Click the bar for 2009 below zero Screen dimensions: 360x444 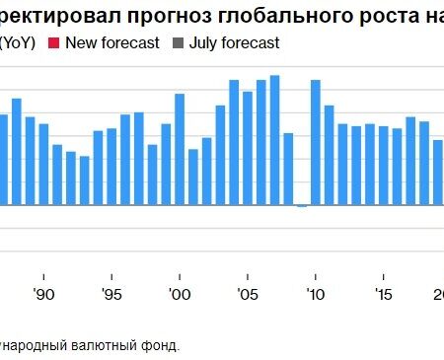coord(302,206)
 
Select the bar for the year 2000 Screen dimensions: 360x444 coord(180,149)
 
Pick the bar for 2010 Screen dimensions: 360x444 coord(316,142)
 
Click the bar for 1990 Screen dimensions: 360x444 coord(43,164)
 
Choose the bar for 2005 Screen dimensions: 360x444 coord(248,148)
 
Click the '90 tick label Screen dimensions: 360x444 coord(43,294)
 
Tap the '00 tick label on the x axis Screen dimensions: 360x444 coord(180,294)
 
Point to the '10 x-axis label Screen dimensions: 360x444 coord(316,294)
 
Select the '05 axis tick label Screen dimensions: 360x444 coord(248,294)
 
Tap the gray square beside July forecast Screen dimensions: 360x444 coord(179,43)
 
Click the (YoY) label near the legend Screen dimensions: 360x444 coord(18,43)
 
